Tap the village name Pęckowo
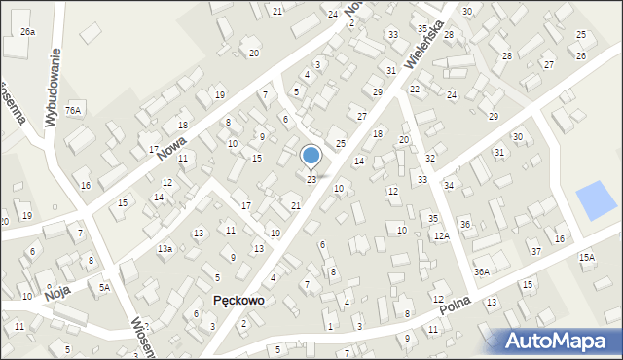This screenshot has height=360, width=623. [238, 301]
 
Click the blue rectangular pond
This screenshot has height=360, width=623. [596, 200]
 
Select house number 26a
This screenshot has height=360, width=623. [27, 32]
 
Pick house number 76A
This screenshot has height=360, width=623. [73, 111]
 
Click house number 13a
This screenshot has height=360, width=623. [165, 249]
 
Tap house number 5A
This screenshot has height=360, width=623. [104, 287]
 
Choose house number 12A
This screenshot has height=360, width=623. [442, 236]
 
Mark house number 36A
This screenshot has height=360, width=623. [481, 272]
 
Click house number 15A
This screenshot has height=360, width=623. [586, 258]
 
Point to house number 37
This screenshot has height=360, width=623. [535, 252]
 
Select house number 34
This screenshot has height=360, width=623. [449, 185]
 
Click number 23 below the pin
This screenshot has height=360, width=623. [311, 179]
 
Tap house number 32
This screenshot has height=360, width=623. [430, 158]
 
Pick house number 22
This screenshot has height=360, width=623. [415, 89]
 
